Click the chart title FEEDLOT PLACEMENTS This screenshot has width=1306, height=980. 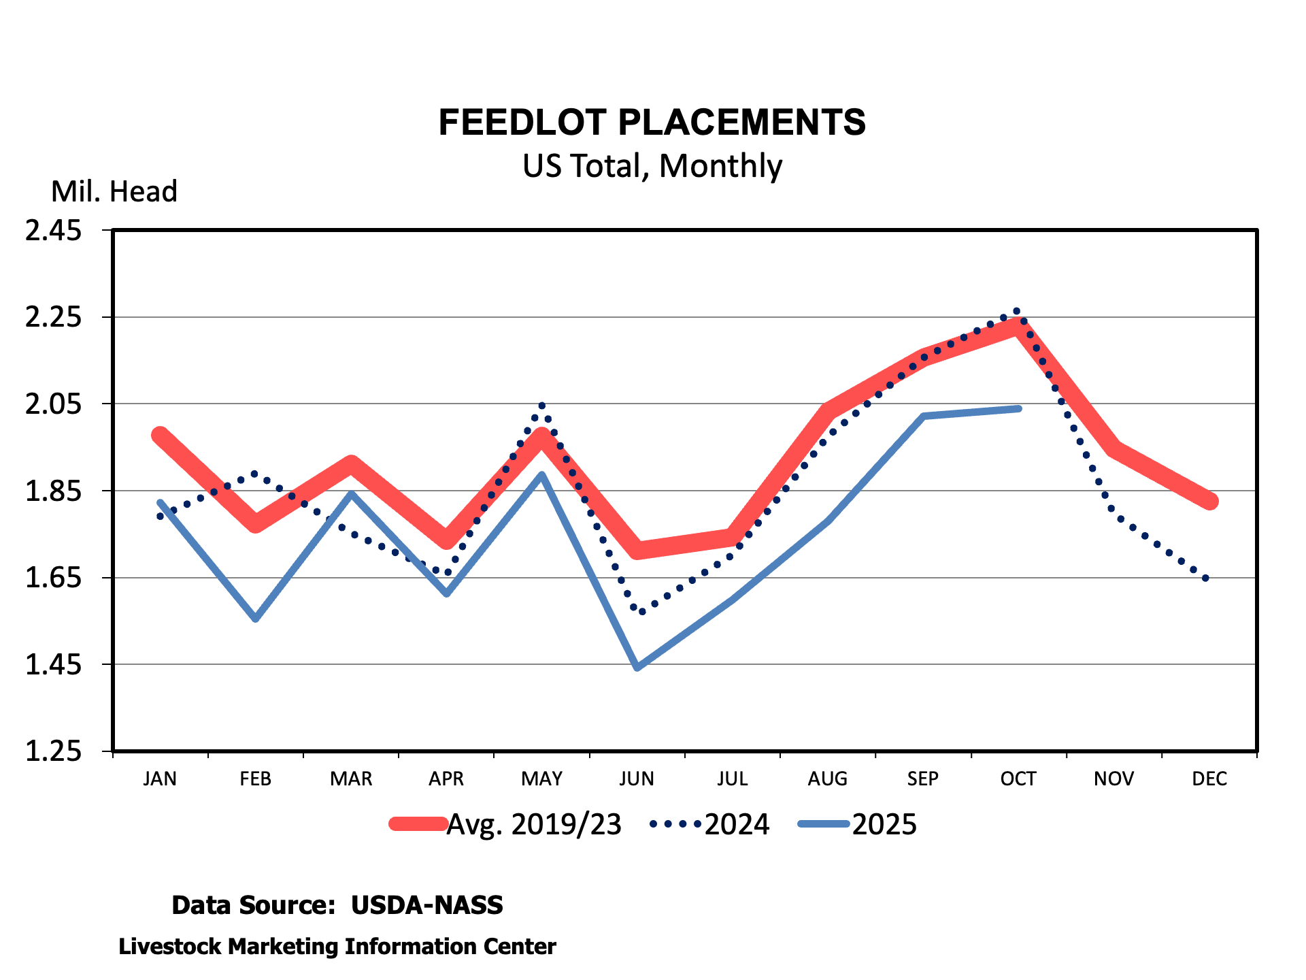(652, 122)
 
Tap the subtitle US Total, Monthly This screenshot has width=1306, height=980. (652, 166)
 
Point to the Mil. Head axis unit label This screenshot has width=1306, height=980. (114, 192)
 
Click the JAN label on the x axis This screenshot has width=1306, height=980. (160, 779)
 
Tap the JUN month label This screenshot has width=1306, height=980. (637, 779)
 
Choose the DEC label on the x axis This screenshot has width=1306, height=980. (1209, 779)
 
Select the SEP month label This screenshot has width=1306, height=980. (923, 779)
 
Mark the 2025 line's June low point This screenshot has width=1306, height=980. (637, 668)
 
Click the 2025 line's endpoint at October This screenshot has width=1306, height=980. (1018, 408)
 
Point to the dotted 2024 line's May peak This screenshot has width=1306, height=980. (541, 406)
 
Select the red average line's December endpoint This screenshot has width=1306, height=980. (1210, 502)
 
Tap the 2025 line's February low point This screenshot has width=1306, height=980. (256, 619)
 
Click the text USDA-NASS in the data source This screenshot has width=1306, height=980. (426, 905)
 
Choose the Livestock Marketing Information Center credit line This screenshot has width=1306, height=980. (337, 947)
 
